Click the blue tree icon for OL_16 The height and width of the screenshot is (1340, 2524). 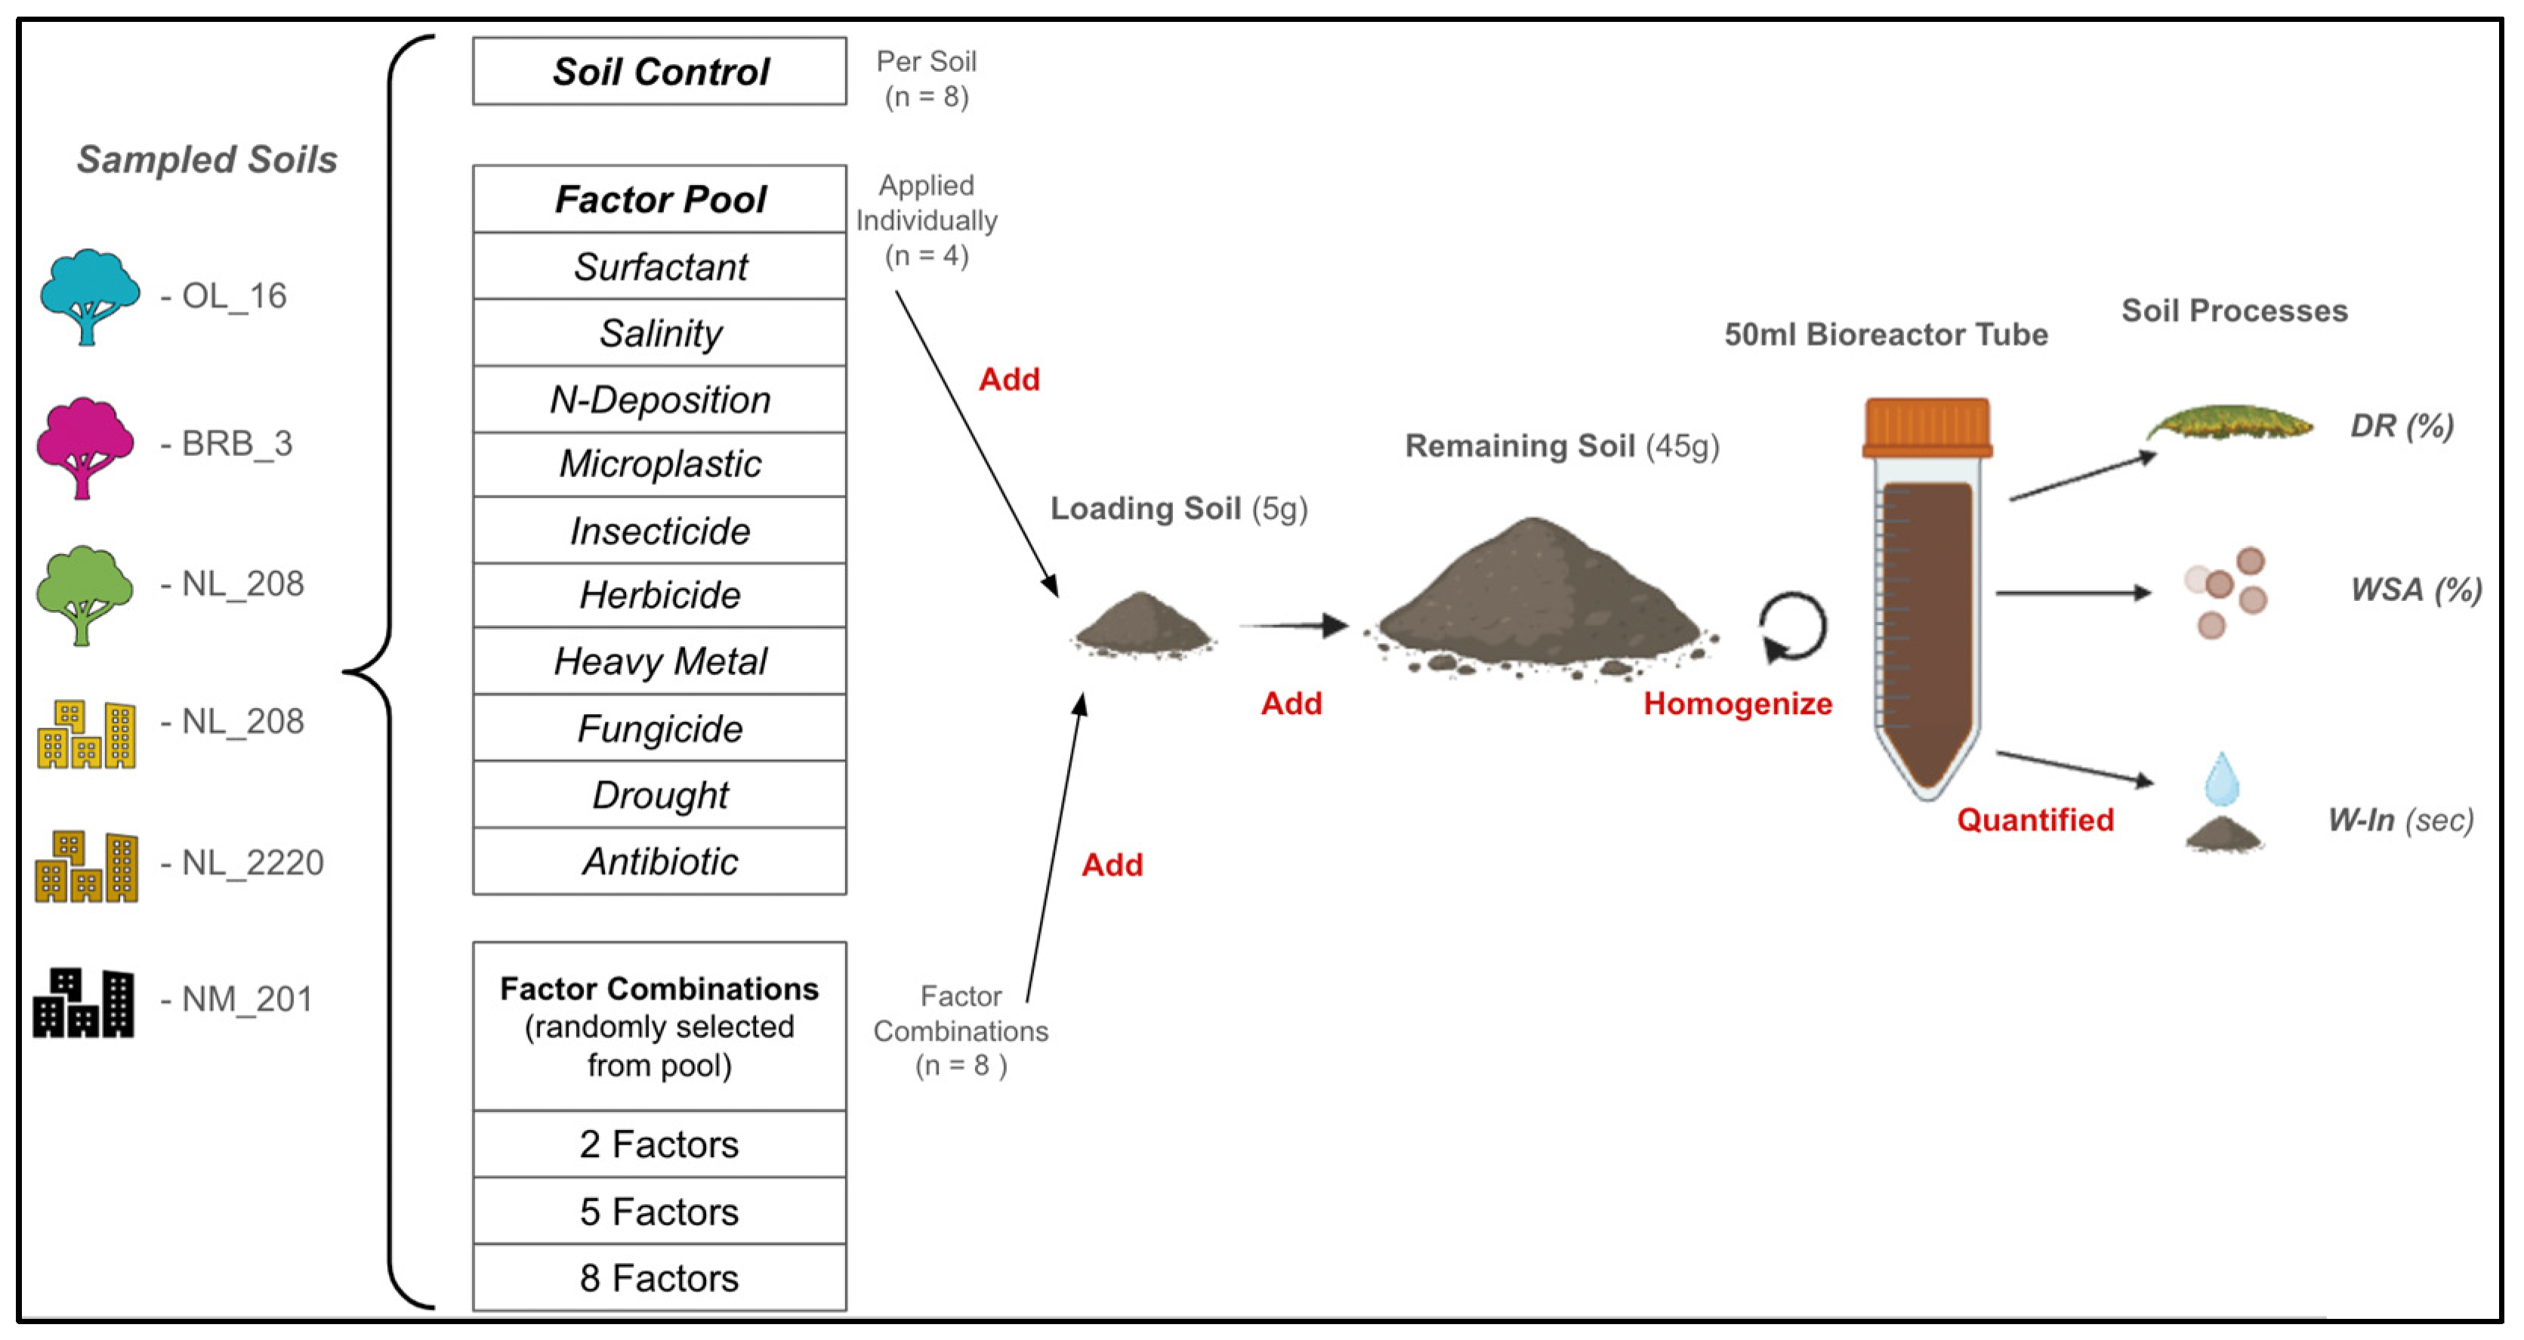[x=88, y=295]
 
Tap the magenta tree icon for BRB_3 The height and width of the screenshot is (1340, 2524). [x=85, y=445]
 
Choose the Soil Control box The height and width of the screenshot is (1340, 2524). [x=659, y=72]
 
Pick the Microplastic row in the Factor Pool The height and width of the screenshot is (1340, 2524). [x=659, y=464]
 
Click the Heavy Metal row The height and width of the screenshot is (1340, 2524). [x=659, y=661]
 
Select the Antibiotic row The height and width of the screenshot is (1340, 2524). [x=659, y=861]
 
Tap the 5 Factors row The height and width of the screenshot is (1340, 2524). [x=659, y=1212]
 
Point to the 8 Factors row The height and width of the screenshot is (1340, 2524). [x=659, y=1278]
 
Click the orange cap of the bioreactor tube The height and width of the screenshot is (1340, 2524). [x=1927, y=427]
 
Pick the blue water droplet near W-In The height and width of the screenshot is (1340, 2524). [x=2221, y=780]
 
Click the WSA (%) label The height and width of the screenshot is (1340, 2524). [x=2415, y=590]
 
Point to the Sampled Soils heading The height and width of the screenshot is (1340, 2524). [x=207, y=159]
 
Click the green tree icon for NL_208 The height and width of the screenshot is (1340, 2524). [x=85, y=593]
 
